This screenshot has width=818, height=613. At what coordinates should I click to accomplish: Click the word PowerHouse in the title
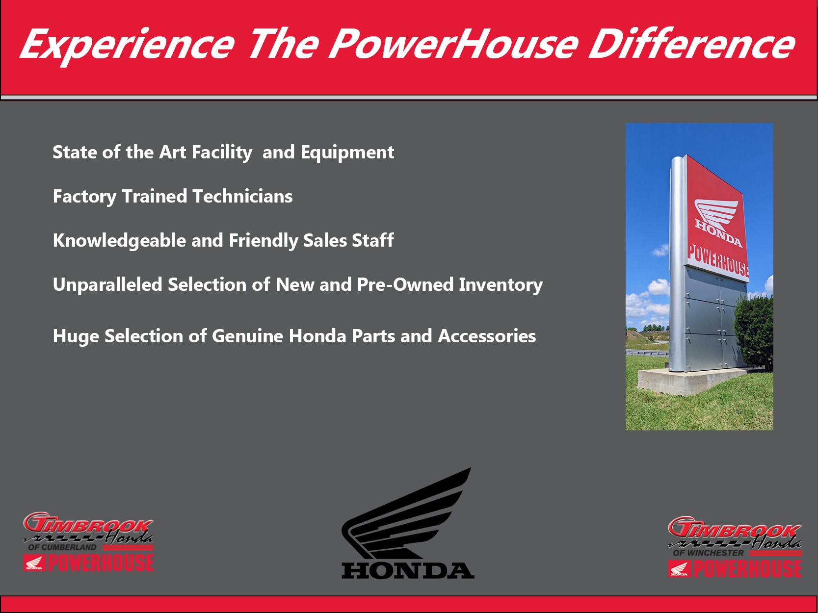[x=454, y=44]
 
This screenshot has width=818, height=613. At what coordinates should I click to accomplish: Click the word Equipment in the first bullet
[x=347, y=153]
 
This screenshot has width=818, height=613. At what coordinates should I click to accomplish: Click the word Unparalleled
[x=107, y=285]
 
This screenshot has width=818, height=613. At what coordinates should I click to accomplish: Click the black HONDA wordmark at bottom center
[x=408, y=570]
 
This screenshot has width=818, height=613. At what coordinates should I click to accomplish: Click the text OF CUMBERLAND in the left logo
[x=62, y=547]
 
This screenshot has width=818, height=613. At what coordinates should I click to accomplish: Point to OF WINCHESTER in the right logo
[x=708, y=553]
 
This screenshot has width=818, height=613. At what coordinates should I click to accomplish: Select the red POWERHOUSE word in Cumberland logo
[x=101, y=563]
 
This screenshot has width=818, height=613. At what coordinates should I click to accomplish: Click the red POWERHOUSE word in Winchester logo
[x=747, y=569]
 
